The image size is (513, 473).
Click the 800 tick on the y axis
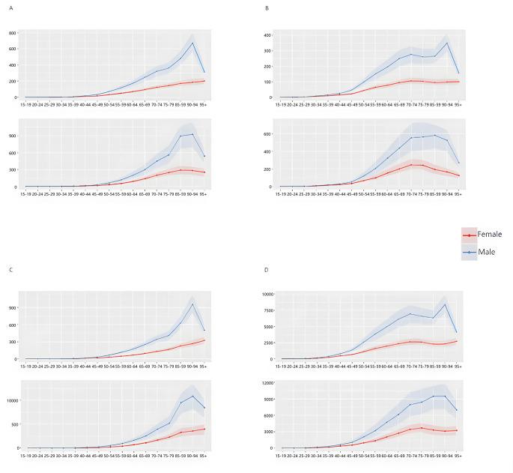click(11, 33)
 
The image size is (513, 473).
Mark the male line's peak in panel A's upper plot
click(192, 43)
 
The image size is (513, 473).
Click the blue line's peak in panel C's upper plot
click(192, 304)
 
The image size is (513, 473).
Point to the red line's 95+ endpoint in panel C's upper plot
click(204, 340)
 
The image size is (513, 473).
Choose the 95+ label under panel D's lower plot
click(458, 456)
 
